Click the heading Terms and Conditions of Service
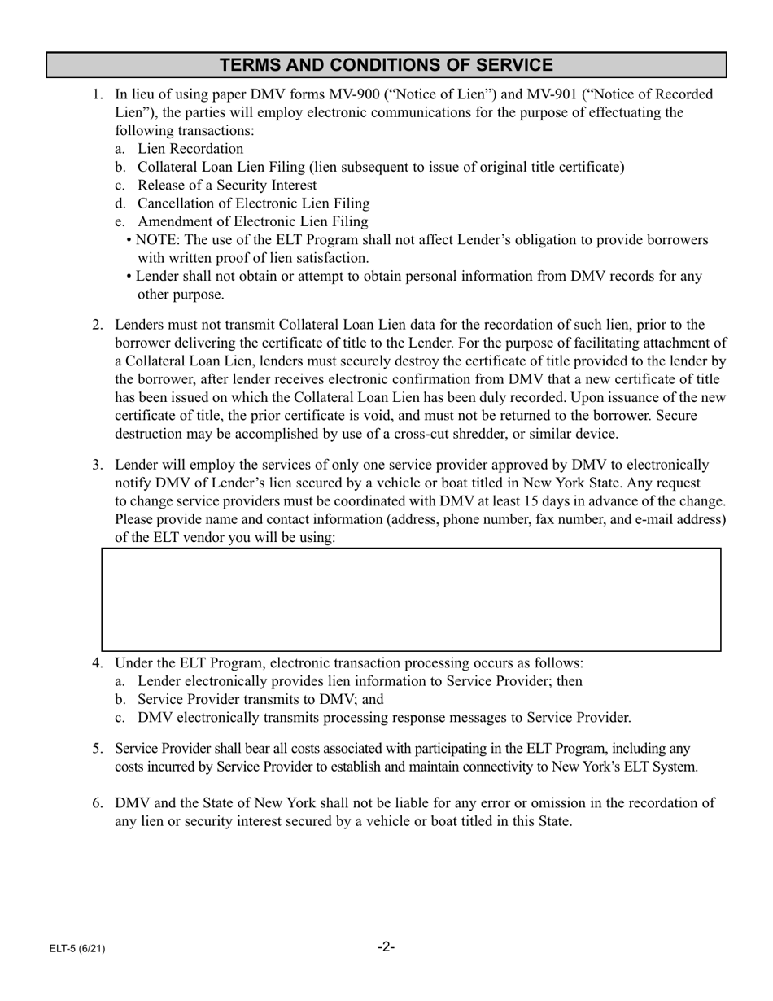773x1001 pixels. click(386, 65)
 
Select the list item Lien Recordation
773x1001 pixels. click(190, 149)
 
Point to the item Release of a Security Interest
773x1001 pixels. click(227, 186)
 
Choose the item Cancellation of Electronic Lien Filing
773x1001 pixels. click(253, 203)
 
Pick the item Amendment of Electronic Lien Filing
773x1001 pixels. click(252, 221)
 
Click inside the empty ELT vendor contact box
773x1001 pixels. click(411, 599)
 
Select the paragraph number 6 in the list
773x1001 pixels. click(97, 803)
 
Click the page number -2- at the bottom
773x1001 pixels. click(386, 946)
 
